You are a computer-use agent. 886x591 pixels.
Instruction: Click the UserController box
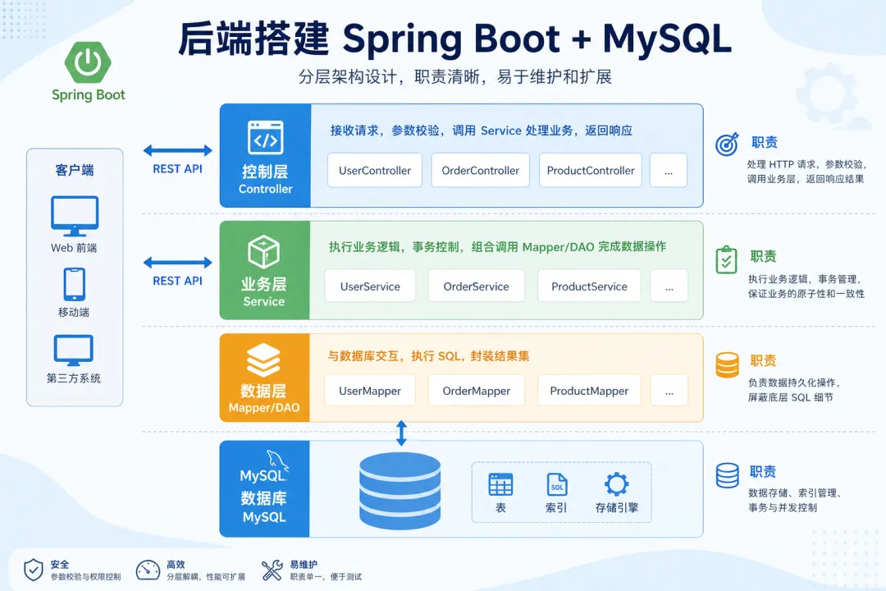[x=375, y=170]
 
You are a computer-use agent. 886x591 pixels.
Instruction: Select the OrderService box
[x=476, y=286]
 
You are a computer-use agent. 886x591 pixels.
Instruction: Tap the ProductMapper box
[x=589, y=390]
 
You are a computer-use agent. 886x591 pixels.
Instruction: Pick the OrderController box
[x=480, y=170]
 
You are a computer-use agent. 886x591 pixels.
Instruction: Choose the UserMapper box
[x=369, y=390]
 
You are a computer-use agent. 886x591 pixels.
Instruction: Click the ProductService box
[x=589, y=286]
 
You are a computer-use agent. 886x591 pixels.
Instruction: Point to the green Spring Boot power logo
[x=88, y=62]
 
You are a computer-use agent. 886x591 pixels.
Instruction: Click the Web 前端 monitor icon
[x=75, y=216]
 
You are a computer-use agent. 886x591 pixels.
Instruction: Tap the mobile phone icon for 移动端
[x=74, y=284]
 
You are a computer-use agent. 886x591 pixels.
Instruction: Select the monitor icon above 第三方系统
[x=74, y=350]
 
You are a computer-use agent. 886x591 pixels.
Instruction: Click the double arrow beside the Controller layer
[x=177, y=150]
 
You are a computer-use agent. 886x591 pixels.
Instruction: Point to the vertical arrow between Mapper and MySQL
[x=401, y=433]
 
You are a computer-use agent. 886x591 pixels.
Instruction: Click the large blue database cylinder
[x=400, y=490]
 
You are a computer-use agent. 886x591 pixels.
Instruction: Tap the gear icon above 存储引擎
[x=616, y=484]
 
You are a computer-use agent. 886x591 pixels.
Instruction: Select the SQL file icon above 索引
[x=556, y=484]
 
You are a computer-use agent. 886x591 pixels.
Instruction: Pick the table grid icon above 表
[x=500, y=484]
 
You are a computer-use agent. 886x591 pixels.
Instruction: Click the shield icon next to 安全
[x=34, y=570]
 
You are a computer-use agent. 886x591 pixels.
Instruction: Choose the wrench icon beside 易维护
[x=272, y=570]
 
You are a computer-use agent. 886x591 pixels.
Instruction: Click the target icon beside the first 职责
[x=727, y=144]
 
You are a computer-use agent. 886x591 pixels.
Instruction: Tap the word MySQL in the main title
[x=667, y=39]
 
